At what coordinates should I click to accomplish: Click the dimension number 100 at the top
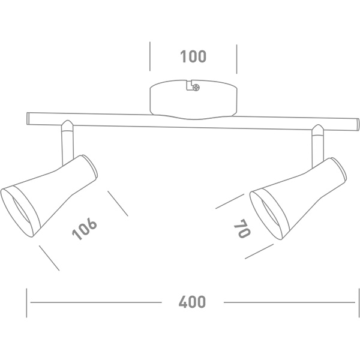pos(193,56)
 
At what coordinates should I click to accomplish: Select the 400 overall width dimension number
pos(192,302)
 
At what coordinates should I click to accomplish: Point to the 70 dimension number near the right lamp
pos(242,229)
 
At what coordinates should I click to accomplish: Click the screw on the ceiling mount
pos(196,87)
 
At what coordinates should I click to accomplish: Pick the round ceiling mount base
pos(193,100)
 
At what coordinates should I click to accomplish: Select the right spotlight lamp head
pos(298,199)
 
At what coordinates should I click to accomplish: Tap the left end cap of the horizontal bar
pos(28,118)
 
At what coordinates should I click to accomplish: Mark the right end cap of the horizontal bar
pos(357,125)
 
